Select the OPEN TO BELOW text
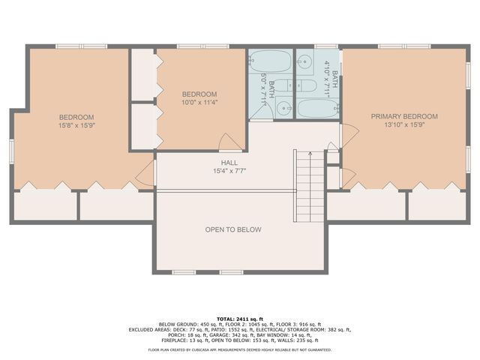tap(233, 229)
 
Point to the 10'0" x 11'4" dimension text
tap(199, 103)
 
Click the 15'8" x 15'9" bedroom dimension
tap(76, 125)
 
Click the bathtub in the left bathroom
tap(270, 60)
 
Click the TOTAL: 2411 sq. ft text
tap(239, 318)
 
